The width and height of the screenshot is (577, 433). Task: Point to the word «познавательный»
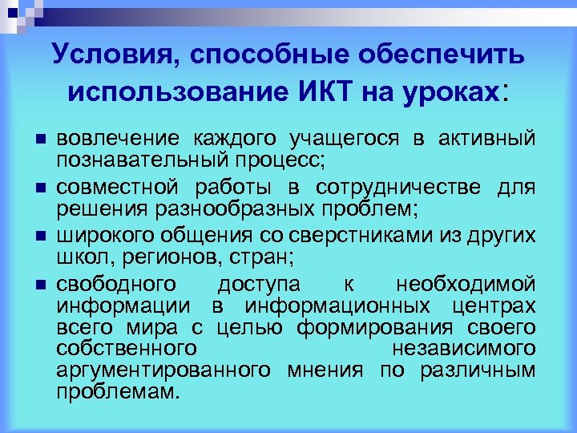(131, 159)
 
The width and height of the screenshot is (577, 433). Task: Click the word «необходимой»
(465, 285)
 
